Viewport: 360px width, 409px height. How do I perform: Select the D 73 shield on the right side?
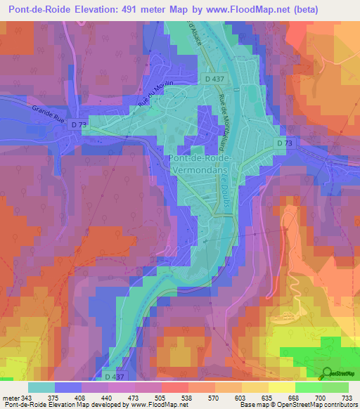283,143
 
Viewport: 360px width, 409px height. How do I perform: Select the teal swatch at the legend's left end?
42,387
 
